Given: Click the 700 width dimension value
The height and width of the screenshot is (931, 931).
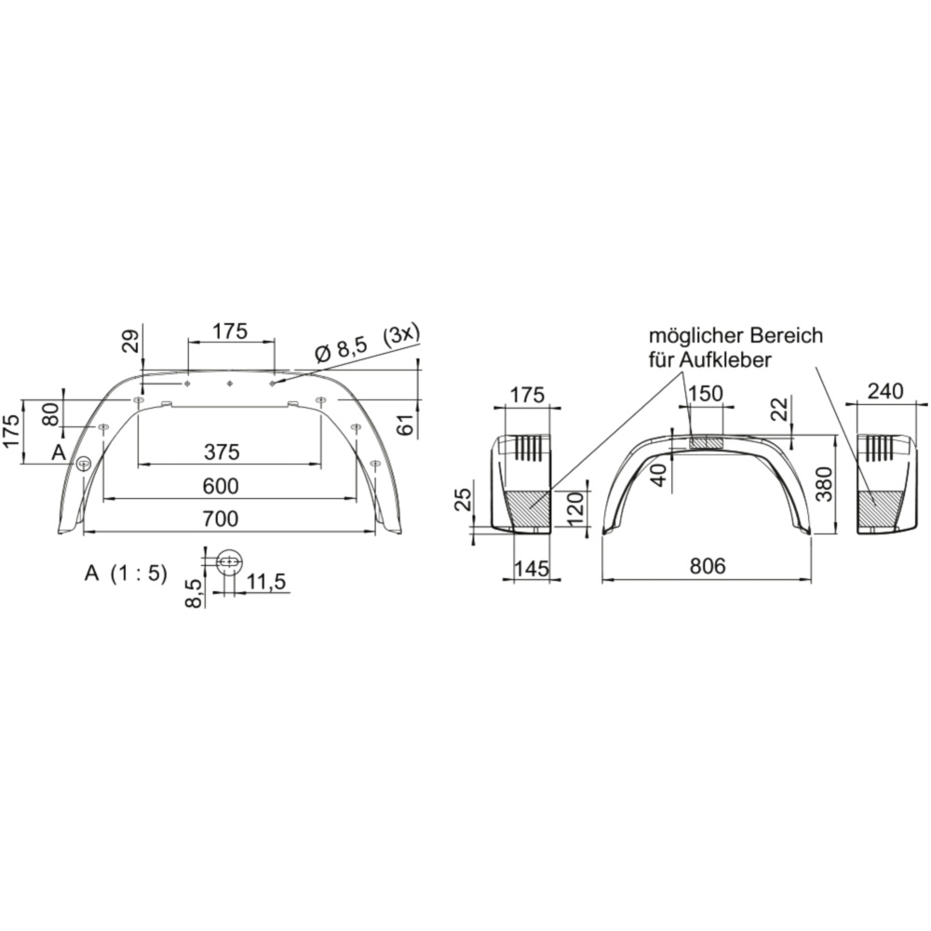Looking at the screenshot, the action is (x=221, y=519).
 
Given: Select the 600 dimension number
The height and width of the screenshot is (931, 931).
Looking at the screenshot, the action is (x=221, y=486).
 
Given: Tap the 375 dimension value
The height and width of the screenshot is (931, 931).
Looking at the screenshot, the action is (x=222, y=452).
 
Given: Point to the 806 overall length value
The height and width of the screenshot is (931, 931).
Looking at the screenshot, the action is (x=708, y=566).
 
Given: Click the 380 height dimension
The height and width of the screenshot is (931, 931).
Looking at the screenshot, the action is (x=826, y=484).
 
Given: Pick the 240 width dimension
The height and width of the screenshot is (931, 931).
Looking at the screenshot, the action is (x=885, y=391).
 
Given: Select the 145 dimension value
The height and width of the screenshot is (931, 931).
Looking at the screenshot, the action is (x=532, y=569).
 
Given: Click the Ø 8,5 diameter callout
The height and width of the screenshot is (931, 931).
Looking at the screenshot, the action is (x=342, y=350).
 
